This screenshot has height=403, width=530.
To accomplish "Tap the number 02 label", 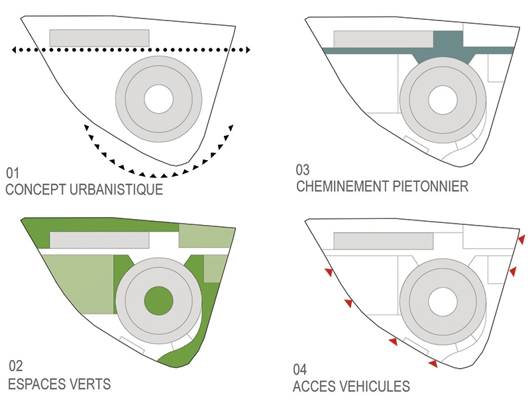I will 15,366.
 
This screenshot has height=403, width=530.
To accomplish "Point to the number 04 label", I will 301,369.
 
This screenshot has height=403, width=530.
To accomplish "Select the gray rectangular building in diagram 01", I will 99,38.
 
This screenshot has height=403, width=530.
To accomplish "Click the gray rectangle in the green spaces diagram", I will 99,239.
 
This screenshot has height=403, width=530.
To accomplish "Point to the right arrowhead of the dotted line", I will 246,50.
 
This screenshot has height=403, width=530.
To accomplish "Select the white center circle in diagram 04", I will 443,301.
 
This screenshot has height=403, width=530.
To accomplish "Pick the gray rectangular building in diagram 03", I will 383,39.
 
